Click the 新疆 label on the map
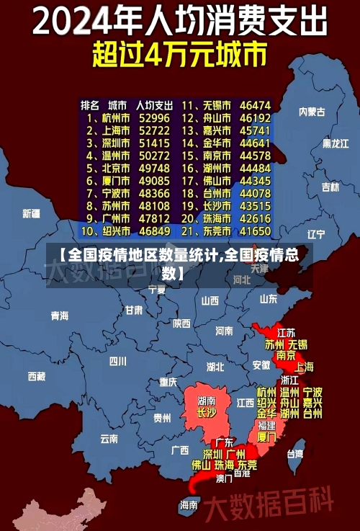[31, 213]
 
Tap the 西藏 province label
[37, 375]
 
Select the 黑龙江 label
[336, 143]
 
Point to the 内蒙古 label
[312, 112]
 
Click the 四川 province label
[117, 360]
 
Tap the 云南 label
[109, 437]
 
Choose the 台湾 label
[295, 454]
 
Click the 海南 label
[189, 504]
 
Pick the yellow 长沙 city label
[207, 414]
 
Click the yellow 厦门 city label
[266, 437]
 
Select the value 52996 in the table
[154, 117]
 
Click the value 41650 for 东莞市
[255, 231]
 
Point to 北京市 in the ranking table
[114, 168]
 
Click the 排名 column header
[91, 104]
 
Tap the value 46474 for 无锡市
[255, 104]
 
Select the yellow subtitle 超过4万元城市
[179, 55]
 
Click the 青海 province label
[60, 316]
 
